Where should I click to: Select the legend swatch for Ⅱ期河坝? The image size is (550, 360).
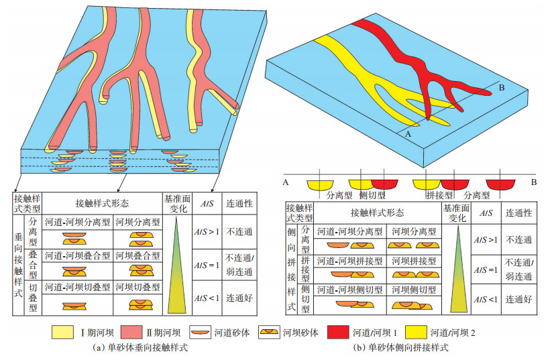(125, 332)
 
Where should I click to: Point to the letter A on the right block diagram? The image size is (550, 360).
(406, 133)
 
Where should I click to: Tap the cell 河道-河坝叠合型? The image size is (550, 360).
(76, 255)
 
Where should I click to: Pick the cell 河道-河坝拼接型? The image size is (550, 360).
(348, 260)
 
